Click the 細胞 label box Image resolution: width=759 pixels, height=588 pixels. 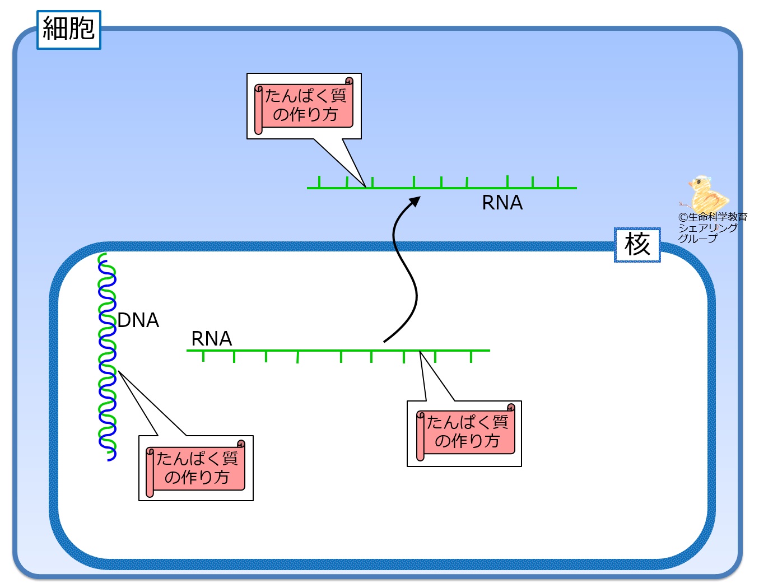coord(68,30)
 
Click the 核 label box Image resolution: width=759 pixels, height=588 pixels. coord(637,245)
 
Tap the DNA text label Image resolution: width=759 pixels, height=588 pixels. coord(138,320)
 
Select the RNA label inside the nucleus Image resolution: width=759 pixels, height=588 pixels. coord(211,338)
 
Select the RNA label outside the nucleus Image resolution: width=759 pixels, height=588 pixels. coord(502,203)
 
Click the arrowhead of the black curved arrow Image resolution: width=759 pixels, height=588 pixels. coord(416,200)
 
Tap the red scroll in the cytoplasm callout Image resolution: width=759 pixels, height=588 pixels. coord(304,106)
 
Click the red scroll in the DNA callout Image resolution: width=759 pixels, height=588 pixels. coord(196,468)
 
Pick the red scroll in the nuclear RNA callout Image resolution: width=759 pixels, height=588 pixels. coord(465,432)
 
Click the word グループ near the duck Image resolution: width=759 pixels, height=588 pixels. coord(697,239)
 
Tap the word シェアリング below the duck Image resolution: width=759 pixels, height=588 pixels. coord(707,228)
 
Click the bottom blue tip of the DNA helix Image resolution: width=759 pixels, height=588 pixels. coord(110,459)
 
